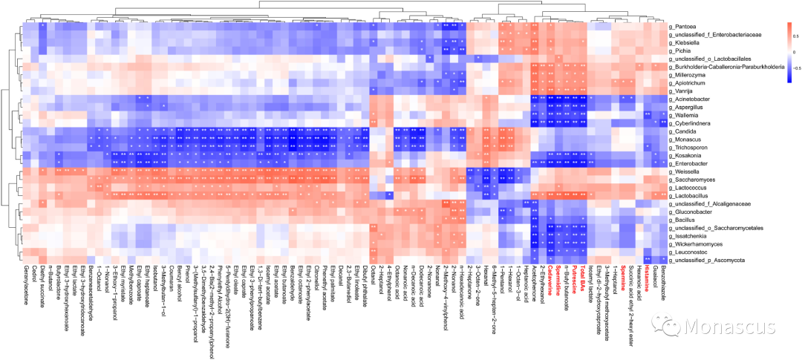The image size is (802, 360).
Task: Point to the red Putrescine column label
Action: click(x=582, y=280)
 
